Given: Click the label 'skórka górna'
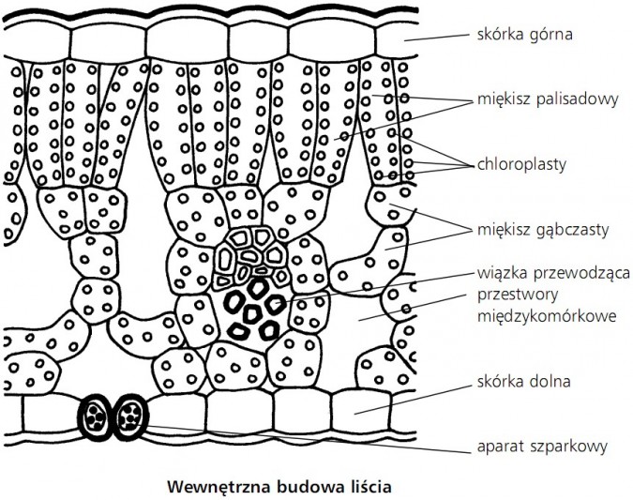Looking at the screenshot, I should [523, 35].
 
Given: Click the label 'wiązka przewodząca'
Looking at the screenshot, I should [547, 276].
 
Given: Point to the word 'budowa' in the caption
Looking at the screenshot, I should [298, 487].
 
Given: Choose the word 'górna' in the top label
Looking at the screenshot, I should [550, 35].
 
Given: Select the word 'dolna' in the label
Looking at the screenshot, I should [551, 382].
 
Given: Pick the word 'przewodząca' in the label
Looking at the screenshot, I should [572, 276].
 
